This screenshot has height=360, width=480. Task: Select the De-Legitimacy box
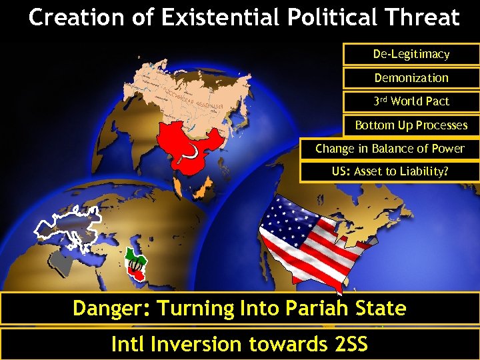(411, 54)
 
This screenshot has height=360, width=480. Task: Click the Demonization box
(411, 78)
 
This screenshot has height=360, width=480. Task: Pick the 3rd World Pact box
(411, 101)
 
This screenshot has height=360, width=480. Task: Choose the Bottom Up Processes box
(411, 125)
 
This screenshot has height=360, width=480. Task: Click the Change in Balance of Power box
(389, 149)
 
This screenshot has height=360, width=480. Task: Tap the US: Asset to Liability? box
(389, 171)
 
